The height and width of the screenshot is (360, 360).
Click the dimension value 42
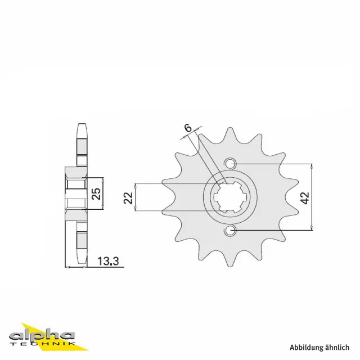[x=305, y=197]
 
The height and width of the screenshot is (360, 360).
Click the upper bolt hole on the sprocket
[x=229, y=164]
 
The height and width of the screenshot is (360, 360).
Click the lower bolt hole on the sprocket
[x=229, y=231]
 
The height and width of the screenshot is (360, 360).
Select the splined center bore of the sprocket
[x=229, y=197]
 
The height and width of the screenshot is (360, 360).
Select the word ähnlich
[x=339, y=347]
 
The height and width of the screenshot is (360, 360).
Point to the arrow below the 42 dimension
[x=311, y=227]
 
